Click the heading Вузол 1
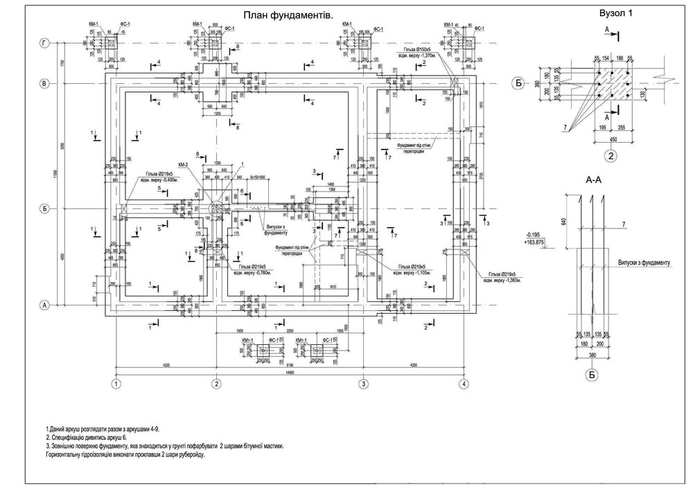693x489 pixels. [x=615, y=12]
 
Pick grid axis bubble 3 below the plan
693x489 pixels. [x=362, y=383]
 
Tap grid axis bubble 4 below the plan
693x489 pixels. [x=463, y=383]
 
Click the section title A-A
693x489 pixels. [x=594, y=180]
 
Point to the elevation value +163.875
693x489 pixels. [x=534, y=241]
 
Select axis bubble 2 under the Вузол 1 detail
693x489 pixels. [x=611, y=154]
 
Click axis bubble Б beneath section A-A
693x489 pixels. [x=592, y=375]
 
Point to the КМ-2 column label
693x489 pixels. [x=184, y=165]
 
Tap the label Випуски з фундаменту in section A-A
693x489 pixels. [x=644, y=263]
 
